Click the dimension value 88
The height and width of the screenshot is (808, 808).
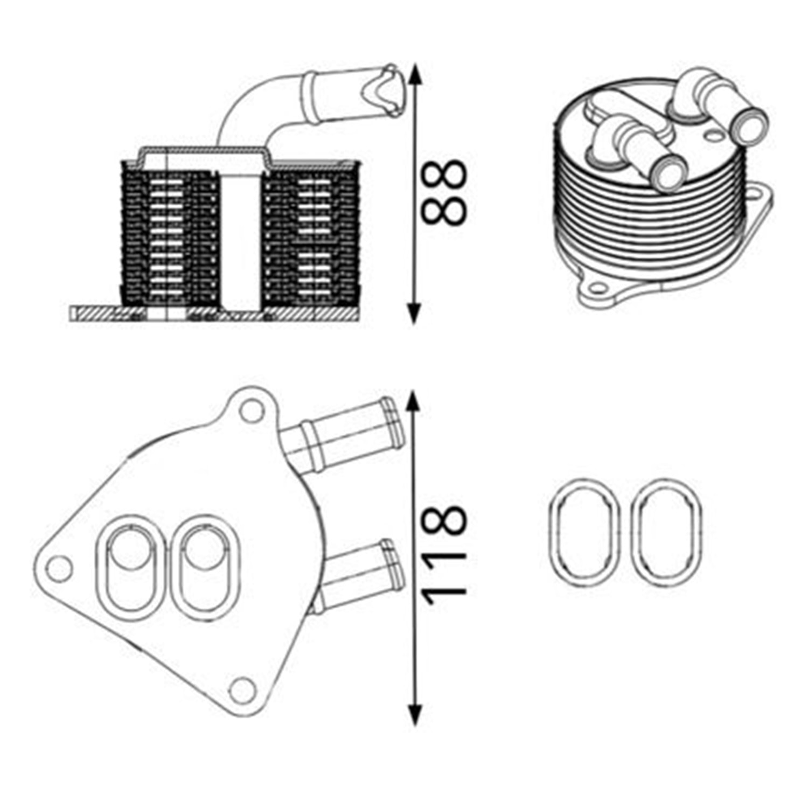443,192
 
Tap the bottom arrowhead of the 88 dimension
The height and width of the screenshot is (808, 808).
414,313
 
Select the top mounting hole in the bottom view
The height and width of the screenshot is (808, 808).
251,412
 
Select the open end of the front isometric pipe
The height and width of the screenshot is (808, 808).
668,173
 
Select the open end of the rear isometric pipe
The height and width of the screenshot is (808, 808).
749,126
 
